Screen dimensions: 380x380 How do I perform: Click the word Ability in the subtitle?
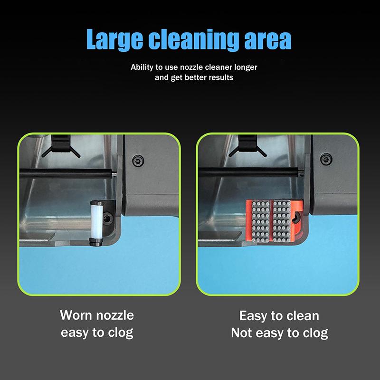point(142,67)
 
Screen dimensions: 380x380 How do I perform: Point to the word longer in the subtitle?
point(244,67)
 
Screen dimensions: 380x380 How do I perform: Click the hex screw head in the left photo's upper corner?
point(138,160)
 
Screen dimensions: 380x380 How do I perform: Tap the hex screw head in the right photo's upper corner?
point(324,160)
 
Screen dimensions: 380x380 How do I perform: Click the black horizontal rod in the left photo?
point(66,171)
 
